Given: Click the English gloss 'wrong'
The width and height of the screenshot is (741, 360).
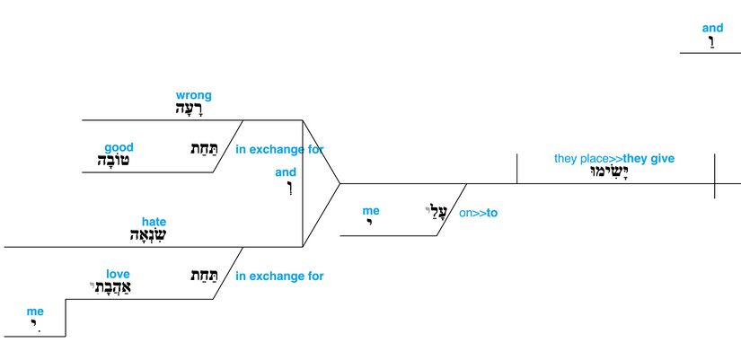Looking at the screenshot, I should (x=194, y=95).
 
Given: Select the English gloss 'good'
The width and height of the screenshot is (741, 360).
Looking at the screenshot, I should (x=119, y=148).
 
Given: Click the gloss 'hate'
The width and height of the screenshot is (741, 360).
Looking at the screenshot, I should (x=154, y=222).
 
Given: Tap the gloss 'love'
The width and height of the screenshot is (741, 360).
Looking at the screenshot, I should (x=118, y=275).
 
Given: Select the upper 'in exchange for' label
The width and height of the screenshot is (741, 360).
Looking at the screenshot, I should (x=279, y=150).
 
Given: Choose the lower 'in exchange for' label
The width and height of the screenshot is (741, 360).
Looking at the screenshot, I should (x=279, y=277).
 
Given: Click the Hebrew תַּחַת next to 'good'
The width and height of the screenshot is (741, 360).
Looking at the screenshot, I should (x=200, y=149).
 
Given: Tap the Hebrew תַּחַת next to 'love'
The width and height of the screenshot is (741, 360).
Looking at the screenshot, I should (x=200, y=277).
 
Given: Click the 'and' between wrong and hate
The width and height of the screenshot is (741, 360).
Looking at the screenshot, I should (x=286, y=172).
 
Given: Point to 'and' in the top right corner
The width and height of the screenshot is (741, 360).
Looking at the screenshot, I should (x=712, y=29).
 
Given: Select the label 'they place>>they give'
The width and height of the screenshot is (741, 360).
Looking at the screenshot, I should (x=613, y=159).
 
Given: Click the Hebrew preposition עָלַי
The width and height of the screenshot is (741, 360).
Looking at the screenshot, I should (x=436, y=213).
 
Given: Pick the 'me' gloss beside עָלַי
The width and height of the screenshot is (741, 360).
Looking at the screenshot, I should (x=371, y=211).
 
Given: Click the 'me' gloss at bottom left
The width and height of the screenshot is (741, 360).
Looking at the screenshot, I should (x=35, y=312).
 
